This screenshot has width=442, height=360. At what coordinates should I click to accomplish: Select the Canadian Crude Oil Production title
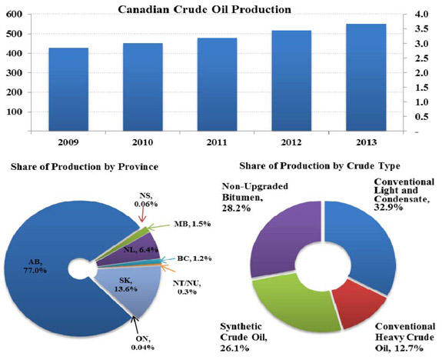click(198, 9)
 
